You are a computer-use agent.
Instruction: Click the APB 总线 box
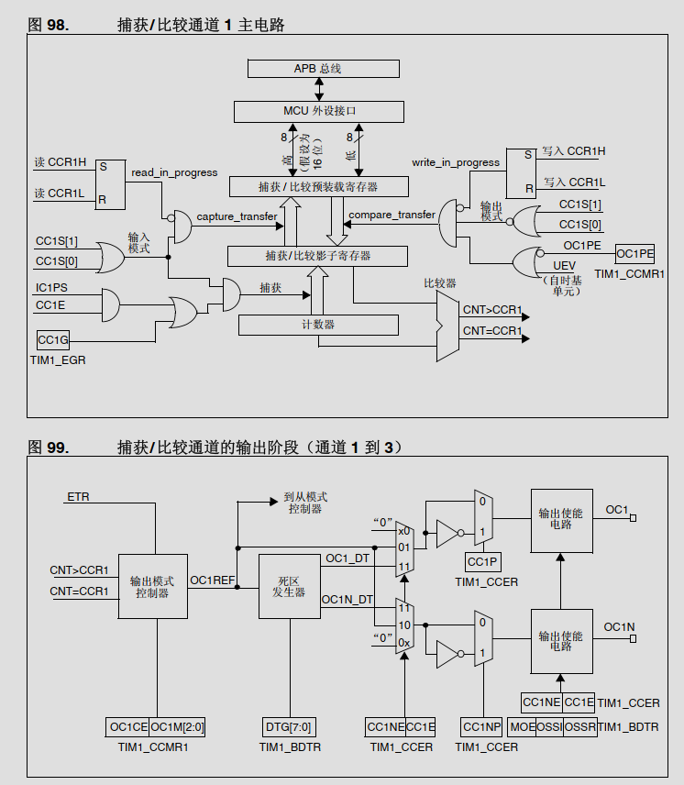pyautogui.click(x=323, y=69)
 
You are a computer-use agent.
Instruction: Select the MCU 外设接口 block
pyautogui.click(x=318, y=111)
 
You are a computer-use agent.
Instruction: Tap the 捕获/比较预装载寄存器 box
pyautogui.click(x=317, y=186)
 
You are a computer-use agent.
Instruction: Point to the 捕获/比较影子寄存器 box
pyautogui.click(x=317, y=254)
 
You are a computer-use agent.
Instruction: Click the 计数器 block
pyautogui.click(x=317, y=325)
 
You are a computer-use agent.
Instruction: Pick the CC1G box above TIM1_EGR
pyautogui.click(x=53, y=340)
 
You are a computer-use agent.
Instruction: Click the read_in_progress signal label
pyautogui.click(x=174, y=172)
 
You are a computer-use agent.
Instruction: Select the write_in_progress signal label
pyautogui.click(x=456, y=162)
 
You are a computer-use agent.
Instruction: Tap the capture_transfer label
pyautogui.click(x=237, y=216)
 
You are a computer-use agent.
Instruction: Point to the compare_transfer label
pyautogui.click(x=392, y=215)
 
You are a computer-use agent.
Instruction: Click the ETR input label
pyautogui.click(x=78, y=497)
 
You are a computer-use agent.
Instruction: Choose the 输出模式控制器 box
pyautogui.click(x=152, y=587)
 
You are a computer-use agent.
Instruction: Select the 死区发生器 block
pyautogui.click(x=290, y=587)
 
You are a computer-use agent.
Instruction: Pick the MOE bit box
pyautogui.click(x=523, y=727)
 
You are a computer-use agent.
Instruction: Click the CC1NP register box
pyautogui.click(x=481, y=727)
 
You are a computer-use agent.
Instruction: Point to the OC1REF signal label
pyautogui.click(x=212, y=580)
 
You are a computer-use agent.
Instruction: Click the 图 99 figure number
pyautogui.click(x=48, y=448)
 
